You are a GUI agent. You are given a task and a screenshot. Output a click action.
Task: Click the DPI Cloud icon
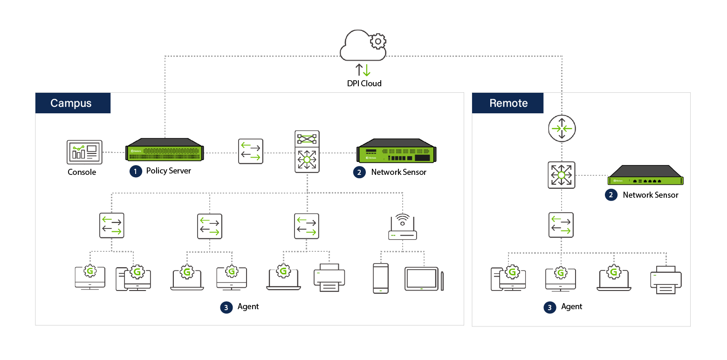[363, 46]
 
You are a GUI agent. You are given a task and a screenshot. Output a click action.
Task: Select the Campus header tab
[73, 103]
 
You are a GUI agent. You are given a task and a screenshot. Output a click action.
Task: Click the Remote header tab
[508, 103]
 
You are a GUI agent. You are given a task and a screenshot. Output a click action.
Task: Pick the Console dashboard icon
[84, 152]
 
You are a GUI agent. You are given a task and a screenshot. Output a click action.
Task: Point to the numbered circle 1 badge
[136, 172]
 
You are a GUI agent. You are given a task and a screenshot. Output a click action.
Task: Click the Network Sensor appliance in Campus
[396, 151]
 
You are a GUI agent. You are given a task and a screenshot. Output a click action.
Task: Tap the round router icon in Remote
[562, 128]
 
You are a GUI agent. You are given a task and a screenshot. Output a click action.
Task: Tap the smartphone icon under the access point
[380, 278]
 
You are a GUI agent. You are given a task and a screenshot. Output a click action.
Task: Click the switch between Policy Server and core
[251, 151]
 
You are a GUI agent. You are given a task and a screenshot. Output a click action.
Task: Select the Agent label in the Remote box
[572, 307]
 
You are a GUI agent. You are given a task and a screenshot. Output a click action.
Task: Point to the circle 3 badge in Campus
[226, 307]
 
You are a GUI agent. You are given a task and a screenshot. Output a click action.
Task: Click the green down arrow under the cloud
[367, 70]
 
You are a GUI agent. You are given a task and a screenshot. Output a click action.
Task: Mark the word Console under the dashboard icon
[82, 172]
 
